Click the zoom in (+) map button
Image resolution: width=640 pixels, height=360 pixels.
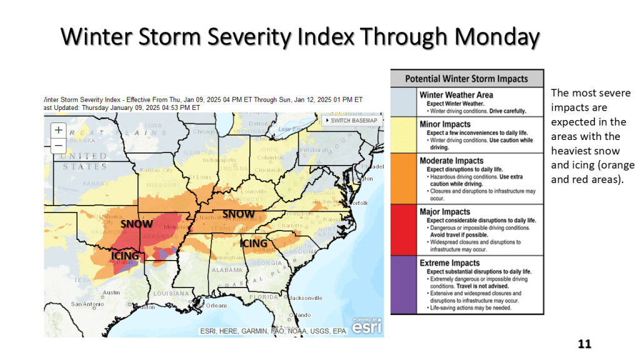click(59, 131)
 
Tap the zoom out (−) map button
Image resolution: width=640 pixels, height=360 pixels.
click(59, 146)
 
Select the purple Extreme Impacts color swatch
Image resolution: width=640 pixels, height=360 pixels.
click(404, 284)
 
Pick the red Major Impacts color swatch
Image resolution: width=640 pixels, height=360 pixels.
click(404, 230)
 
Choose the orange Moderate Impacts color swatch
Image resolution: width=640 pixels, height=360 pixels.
click(404, 178)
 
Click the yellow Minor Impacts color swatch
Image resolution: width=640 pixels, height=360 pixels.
click(404, 134)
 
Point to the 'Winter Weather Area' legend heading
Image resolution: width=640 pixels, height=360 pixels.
click(456, 95)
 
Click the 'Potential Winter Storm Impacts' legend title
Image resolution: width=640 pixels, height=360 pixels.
click(466, 79)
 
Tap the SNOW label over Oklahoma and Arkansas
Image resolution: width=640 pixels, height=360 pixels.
click(136, 223)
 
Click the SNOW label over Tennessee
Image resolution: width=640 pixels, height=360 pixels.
click(239, 214)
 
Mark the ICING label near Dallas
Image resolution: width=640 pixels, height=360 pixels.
click(126, 256)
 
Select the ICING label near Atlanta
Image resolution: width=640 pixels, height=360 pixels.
click(254, 243)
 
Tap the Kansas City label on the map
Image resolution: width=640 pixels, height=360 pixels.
click(156, 170)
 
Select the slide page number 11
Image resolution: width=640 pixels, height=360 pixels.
click(584, 344)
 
